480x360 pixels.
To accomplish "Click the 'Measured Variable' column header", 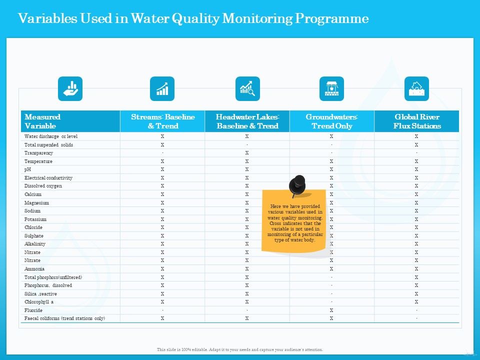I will (x=42, y=121).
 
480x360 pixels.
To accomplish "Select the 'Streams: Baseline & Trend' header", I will (x=162, y=121).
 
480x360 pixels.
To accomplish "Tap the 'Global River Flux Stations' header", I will (x=416, y=121).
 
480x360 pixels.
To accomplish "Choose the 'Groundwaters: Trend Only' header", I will (x=332, y=121).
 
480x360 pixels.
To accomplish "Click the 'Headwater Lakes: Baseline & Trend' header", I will (x=247, y=121).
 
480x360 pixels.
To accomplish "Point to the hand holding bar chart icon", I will (x=70, y=89).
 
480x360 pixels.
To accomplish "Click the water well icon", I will (x=331, y=89).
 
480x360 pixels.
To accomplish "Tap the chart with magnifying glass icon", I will (x=247, y=89).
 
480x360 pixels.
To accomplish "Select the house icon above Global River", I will (x=416, y=89).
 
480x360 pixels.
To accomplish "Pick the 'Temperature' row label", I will (x=38, y=161).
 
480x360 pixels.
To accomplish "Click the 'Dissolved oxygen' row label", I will (x=43, y=186).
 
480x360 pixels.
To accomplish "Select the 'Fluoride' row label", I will (x=33, y=310).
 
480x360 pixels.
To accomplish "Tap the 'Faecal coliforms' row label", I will (x=65, y=318).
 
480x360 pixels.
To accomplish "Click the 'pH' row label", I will (x=28, y=169).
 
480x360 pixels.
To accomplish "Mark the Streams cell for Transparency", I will (x=162, y=153).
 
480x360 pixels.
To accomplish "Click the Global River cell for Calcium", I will (x=416, y=194).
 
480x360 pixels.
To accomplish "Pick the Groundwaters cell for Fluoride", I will (x=331, y=310).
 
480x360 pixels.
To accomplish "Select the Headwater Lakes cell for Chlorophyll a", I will (x=247, y=302).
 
